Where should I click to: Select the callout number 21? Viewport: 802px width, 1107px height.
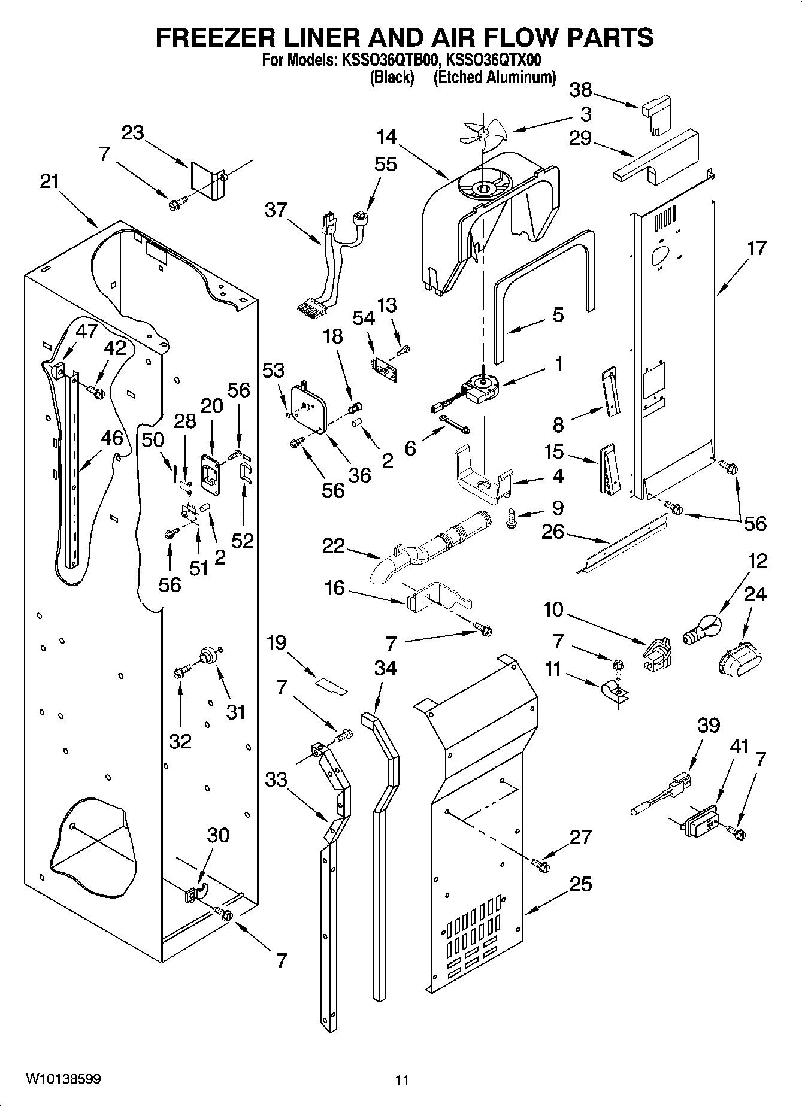[x=49, y=181]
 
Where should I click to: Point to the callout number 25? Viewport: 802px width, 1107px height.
[x=579, y=884]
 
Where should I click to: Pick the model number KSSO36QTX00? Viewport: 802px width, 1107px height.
[x=494, y=60]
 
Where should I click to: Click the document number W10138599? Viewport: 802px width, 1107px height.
[x=63, y=1079]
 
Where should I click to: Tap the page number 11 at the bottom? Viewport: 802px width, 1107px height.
[x=402, y=1080]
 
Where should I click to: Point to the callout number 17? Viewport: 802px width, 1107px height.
[x=756, y=248]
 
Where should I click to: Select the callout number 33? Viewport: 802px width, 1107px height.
[x=277, y=780]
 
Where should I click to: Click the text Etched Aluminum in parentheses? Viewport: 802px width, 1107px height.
[x=494, y=78]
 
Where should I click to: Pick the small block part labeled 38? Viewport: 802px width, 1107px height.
[x=657, y=113]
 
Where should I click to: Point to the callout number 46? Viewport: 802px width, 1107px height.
[x=111, y=438]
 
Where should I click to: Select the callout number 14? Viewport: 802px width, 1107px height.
[x=387, y=137]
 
